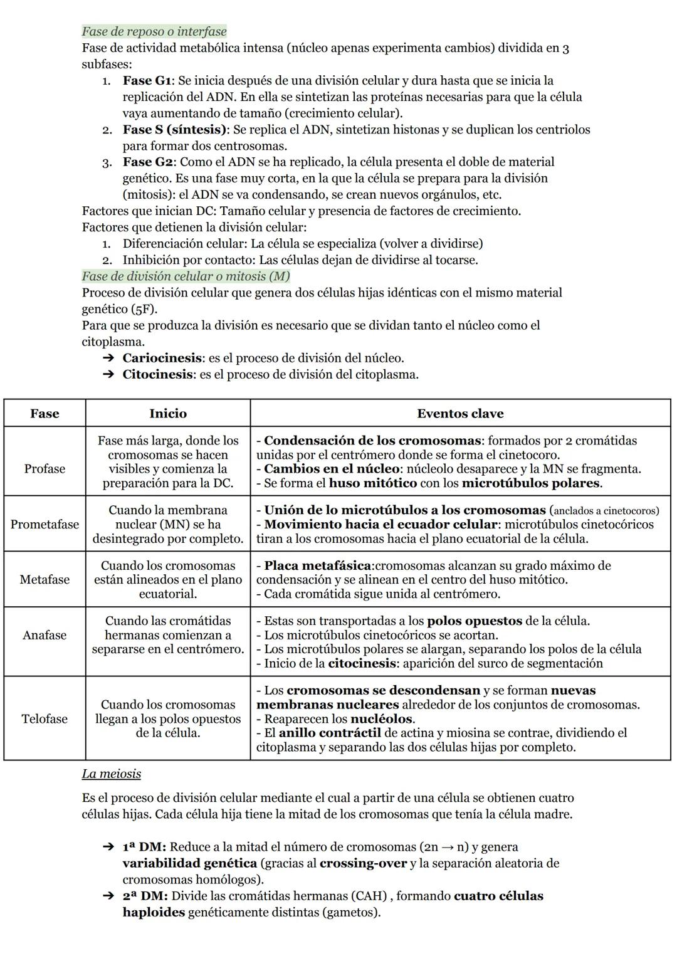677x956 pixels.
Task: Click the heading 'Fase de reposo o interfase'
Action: point(154,31)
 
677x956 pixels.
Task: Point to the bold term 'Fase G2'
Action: point(147,162)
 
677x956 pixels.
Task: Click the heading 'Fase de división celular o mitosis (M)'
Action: point(186,276)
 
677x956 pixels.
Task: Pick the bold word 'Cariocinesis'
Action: point(163,358)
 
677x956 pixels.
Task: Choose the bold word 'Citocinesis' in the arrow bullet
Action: point(158,374)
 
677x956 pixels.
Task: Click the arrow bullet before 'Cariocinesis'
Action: point(108,358)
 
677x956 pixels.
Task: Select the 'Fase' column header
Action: point(45,413)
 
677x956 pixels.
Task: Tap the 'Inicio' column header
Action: point(168,413)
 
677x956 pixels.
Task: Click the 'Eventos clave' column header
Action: point(460,413)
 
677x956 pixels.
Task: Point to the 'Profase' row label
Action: point(45,469)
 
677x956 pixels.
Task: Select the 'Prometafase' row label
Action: point(45,524)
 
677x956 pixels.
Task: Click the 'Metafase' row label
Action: point(45,579)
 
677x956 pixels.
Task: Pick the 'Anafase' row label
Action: point(45,635)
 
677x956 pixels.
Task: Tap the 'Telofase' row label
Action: point(45,718)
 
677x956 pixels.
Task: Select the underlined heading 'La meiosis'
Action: point(111,774)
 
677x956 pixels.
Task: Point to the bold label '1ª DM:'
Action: point(144,847)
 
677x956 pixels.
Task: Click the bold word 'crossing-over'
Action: point(363,863)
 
